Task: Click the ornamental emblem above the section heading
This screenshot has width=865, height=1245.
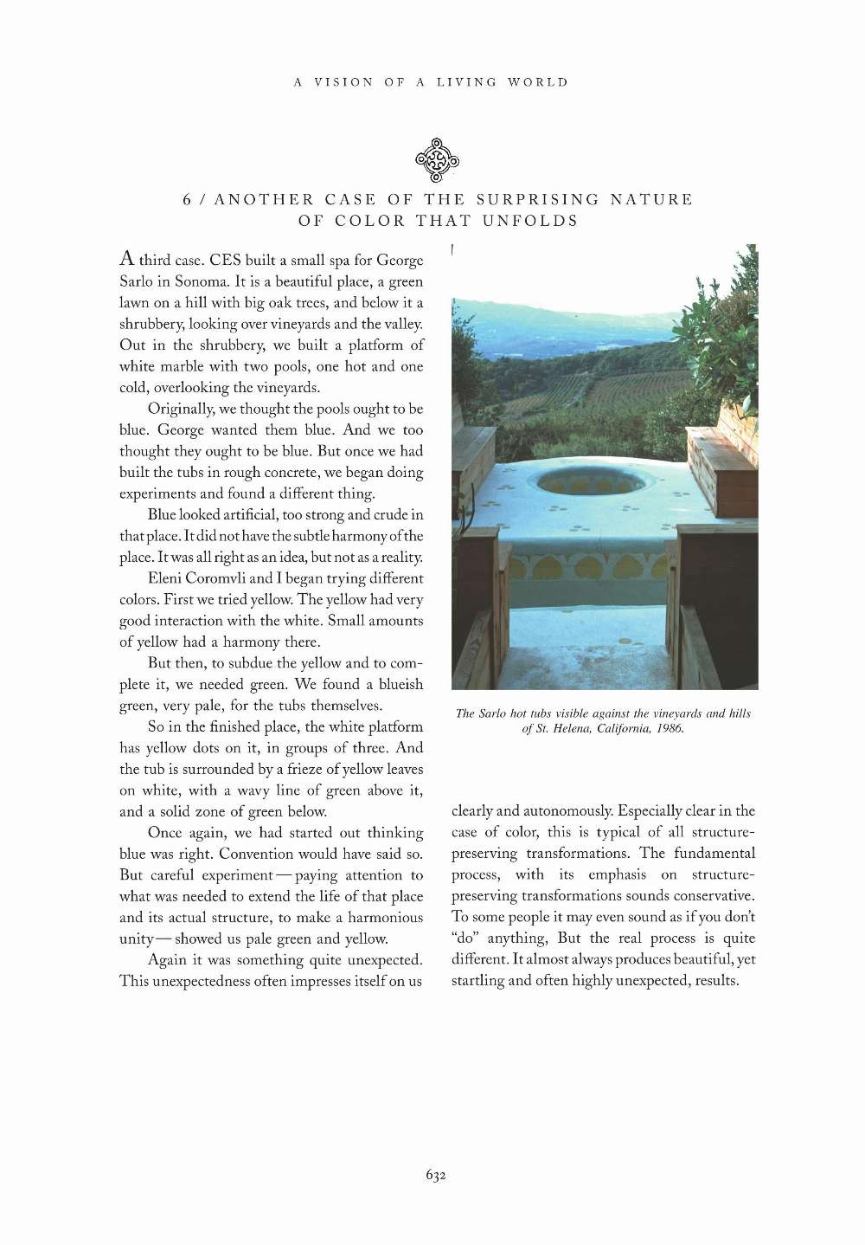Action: coord(437,160)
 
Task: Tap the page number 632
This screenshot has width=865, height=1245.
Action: coord(435,1175)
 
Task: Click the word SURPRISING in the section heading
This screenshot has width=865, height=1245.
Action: coord(537,200)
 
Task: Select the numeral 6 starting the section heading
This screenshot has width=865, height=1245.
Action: coord(187,200)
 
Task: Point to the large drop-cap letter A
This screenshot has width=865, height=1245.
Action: coord(127,258)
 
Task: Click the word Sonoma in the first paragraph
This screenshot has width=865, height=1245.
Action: coord(202,281)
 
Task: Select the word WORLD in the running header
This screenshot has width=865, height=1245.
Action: coord(538,82)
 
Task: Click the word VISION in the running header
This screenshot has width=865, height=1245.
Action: coord(343,82)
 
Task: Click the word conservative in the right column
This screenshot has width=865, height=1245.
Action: coord(714,896)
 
